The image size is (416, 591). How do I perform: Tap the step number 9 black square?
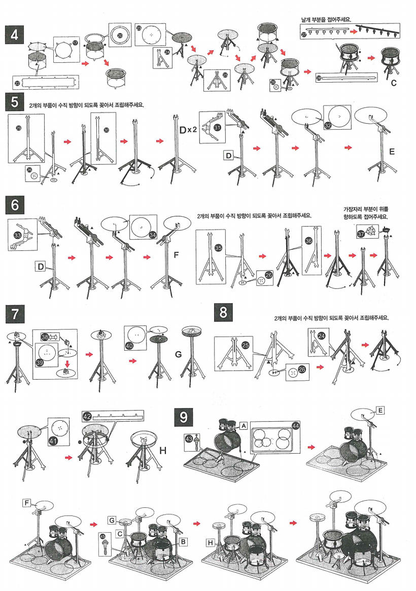click(x=185, y=417)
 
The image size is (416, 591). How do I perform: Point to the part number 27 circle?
click(x=304, y=34)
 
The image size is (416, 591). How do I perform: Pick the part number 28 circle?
click(x=319, y=77)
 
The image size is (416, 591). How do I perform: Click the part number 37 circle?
click(x=361, y=234)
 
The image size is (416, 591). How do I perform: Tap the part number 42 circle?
click(x=87, y=416)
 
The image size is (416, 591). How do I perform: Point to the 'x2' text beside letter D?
click(x=191, y=130)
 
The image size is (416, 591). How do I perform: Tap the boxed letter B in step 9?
click(x=184, y=542)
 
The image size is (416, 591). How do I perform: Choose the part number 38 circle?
click(x=45, y=337)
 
